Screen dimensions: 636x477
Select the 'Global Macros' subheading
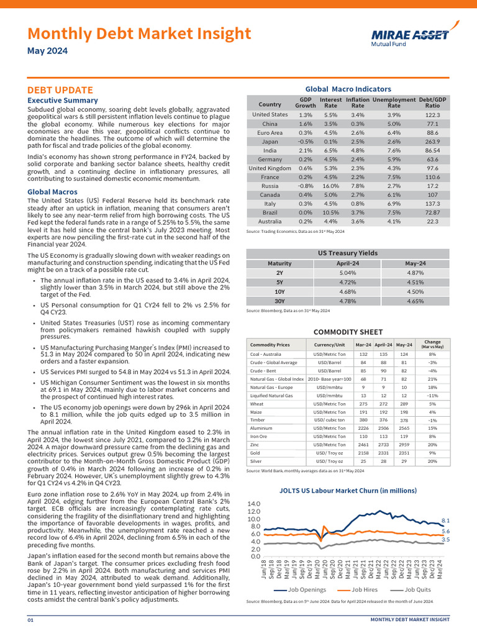tap(52, 192)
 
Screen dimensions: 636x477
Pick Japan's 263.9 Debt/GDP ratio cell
tap(433, 141)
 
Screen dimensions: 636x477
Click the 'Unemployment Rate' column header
tap(394, 102)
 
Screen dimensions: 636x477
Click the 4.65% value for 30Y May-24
tap(415, 301)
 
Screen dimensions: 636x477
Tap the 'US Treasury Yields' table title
tap(347, 253)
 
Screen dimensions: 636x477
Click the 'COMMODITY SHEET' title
tap(348, 332)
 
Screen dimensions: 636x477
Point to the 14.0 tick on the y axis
tap(253, 504)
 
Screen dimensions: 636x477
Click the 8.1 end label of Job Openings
tap(445, 520)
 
